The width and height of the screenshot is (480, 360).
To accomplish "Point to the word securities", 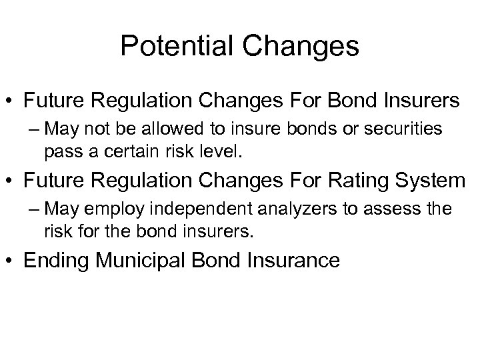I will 405,129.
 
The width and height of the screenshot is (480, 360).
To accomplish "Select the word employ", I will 117,209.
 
